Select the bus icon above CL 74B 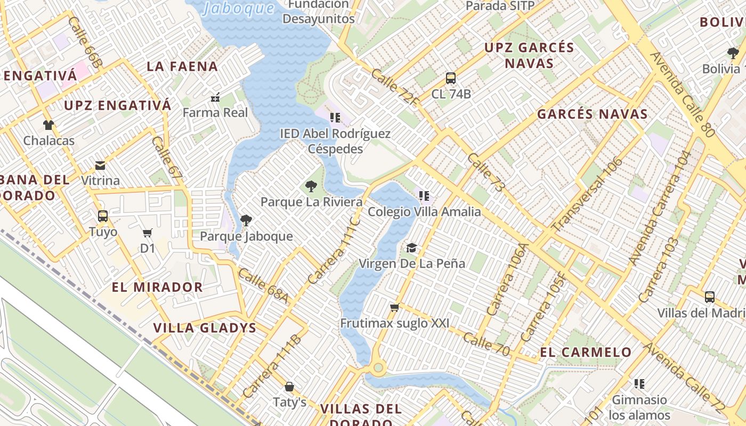click(451, 78)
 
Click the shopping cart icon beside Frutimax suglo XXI click(395, 308)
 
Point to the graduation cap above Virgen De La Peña click(411, 248)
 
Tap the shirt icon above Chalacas click(48, 125)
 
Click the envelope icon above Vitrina click(100, 165)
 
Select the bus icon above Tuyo click(103, 216)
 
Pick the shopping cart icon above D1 click(148, 233)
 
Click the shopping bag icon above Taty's click(289, 387)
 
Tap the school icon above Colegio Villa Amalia click(424, 196)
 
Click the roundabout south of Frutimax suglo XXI click(378, 367)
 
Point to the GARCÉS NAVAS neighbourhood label click(592, 114)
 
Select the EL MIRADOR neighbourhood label click(157, 288)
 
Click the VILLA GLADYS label click(205, 328)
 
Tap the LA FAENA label click(182, 67)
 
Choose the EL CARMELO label click(586, 353)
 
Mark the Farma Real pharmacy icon click(215, 97)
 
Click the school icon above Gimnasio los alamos click(639, 384)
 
